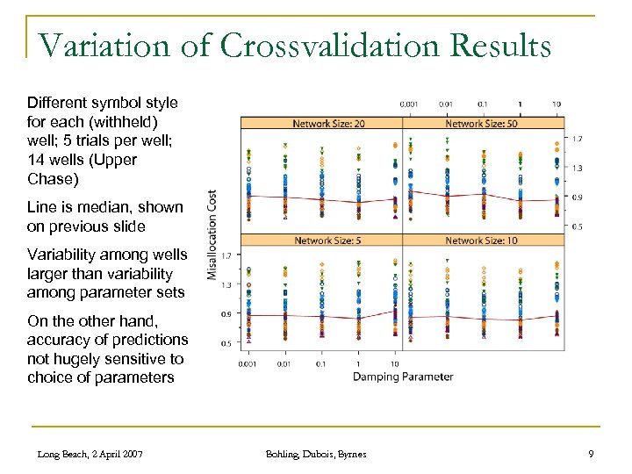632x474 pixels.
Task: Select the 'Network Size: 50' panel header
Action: click(x=482, y=124)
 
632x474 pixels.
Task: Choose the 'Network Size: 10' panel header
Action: click(x=482, y=241)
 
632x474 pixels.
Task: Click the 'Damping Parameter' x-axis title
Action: click(x=403, y=377)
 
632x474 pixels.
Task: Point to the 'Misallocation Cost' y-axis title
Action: click(x=212, y=235)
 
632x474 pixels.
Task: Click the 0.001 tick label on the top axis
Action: click(x=408, y=104)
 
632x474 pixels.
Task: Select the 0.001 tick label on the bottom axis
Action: click(x=248, y=363)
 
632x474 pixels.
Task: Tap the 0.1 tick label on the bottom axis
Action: click(x=322, y=363)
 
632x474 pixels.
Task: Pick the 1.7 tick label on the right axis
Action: click(x=578, y=139)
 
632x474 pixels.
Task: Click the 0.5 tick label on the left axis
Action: click(x=226, y=343)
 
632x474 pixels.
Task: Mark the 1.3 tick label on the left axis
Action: click(x=226, y=284)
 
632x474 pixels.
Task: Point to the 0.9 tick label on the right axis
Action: click(x=578, y=197)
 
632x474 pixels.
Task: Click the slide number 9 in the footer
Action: click(x=592, y=454)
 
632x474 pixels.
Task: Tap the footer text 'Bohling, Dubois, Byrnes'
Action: click(x=316, y=454)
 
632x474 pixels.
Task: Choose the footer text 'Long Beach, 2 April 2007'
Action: click(x=90, y=454)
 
